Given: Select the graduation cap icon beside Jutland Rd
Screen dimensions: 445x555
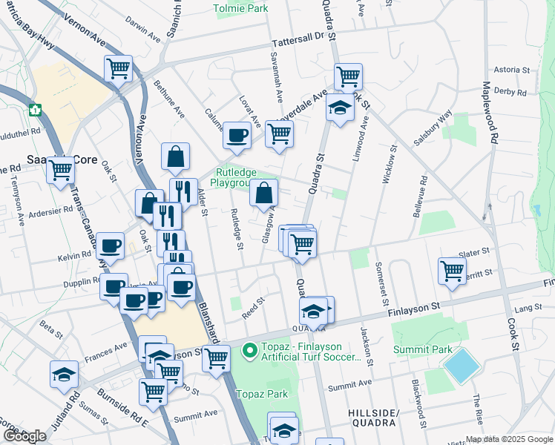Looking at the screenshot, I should [64, 374].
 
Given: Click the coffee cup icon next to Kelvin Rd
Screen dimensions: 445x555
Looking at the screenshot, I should [111, 245].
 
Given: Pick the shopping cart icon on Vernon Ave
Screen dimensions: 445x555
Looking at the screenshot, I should [118, 68].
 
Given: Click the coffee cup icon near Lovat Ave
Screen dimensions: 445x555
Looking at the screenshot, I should [237, 135].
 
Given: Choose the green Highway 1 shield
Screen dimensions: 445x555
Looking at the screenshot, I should [34, 110].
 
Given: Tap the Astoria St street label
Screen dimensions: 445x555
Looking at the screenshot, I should [511, 70].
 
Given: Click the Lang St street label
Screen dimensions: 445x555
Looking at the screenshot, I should [525, 307].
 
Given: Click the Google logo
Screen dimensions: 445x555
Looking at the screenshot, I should [25, 436].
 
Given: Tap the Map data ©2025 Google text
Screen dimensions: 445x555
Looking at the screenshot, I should [509, 439].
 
